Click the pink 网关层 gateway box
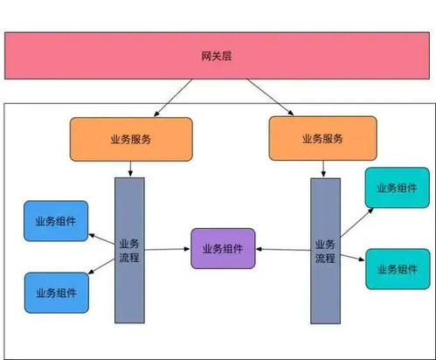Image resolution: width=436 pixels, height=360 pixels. pos(218,56)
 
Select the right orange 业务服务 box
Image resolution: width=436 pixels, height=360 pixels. pos(323,138)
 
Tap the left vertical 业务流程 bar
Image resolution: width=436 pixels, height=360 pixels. pos(128,250)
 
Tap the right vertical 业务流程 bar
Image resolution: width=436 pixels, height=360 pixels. pos(325,250)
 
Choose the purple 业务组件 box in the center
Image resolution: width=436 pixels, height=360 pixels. pos(223,249)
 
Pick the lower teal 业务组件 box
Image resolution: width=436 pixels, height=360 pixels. pos(396,269)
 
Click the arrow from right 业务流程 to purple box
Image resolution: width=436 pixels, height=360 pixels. pos(283,250)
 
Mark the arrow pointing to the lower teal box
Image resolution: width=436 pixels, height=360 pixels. pos(352,257)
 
